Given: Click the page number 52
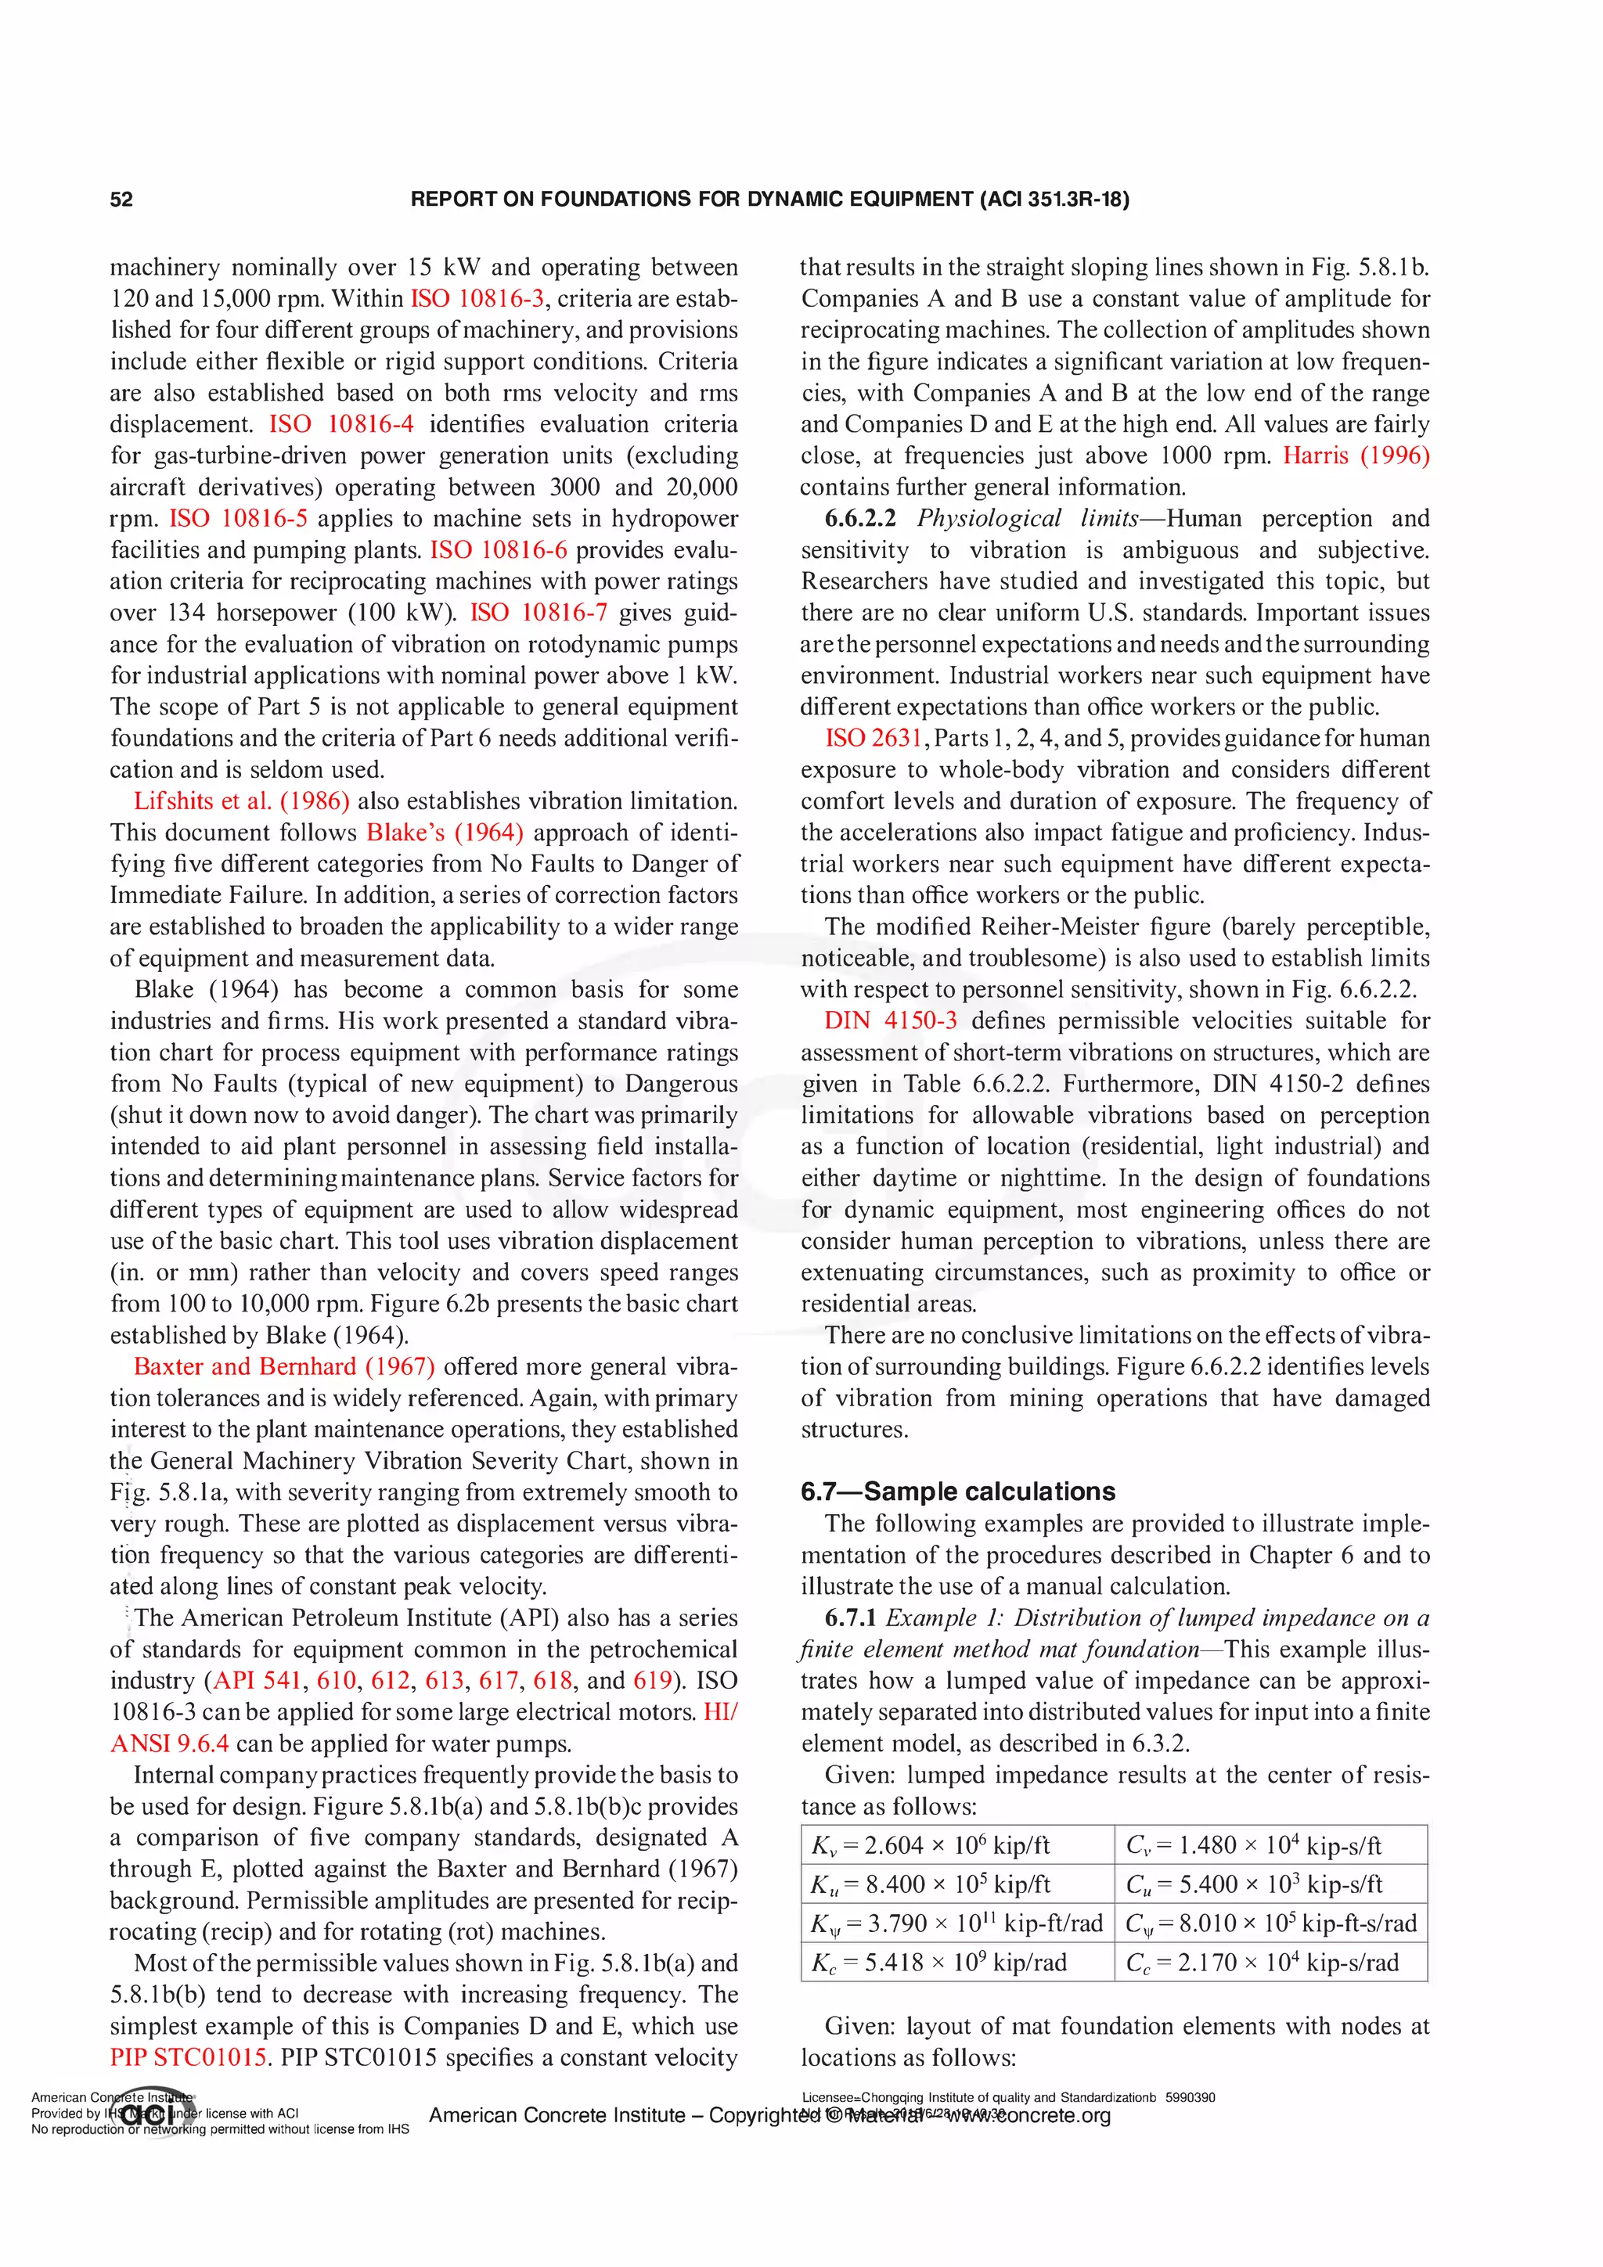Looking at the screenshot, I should pos(121,200).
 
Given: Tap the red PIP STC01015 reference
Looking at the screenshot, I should pos(189,2058).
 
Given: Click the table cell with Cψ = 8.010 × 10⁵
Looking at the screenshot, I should pos(1270,1923).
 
